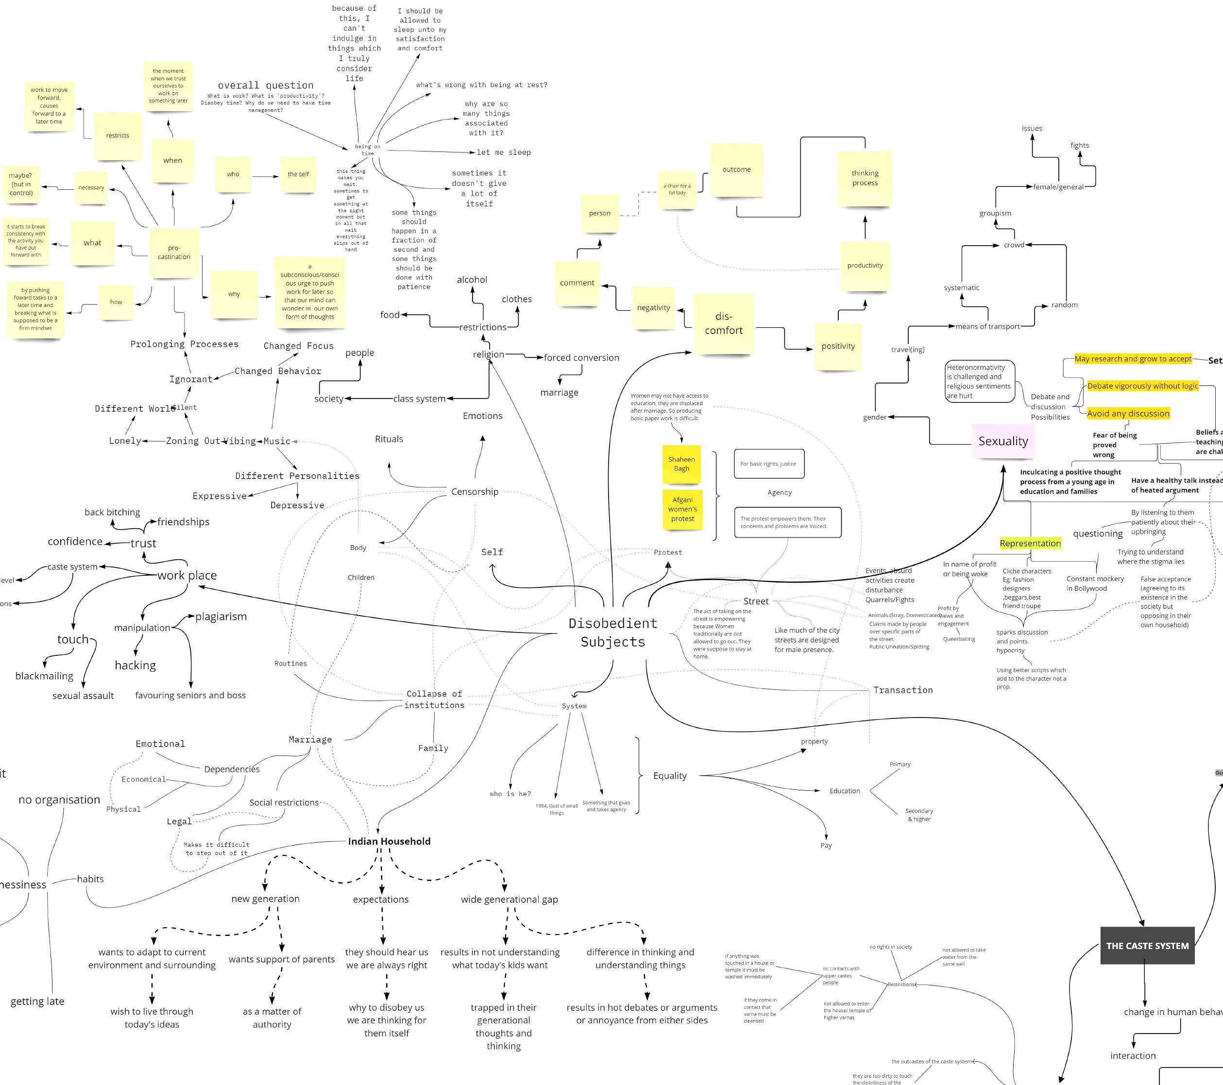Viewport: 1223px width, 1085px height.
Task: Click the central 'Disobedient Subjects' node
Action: [x=612, y=632]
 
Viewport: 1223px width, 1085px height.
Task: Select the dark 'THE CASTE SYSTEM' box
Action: [x=1147, y=946]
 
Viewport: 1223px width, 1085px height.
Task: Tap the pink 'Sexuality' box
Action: [x=1003, y=441]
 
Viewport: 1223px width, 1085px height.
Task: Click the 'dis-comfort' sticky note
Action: [x=723, y=324]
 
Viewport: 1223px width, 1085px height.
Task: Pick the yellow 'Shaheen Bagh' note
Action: [x=681, y=464]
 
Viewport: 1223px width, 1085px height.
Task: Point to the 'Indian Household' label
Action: [x=389, y=841]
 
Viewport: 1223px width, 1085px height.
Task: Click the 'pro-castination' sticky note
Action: [x=173, y=252]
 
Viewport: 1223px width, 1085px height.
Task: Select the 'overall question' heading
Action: [x=266, y=85]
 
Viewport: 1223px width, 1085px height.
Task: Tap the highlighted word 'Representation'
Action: [x=1030, y=543]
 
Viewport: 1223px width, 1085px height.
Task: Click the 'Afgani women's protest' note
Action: [x=682, y=509]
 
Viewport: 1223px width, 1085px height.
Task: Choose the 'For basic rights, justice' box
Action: [x=768, y=464]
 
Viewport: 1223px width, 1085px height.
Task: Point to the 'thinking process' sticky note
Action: [x=865, y=178]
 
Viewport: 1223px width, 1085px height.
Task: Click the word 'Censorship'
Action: [x=475, y=492]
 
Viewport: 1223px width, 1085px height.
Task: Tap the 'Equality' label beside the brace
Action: [x=669, y=776]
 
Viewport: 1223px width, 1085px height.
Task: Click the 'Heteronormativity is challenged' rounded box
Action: [x=978, y=382]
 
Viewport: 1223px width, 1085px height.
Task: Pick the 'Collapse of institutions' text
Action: [x=434, y=699]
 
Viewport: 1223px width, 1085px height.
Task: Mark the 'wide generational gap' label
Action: [x=509, y=899]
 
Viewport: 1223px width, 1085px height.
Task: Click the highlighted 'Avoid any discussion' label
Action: [x=1128, y=413]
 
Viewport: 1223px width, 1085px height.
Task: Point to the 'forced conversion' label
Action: [x=581, y=358]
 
